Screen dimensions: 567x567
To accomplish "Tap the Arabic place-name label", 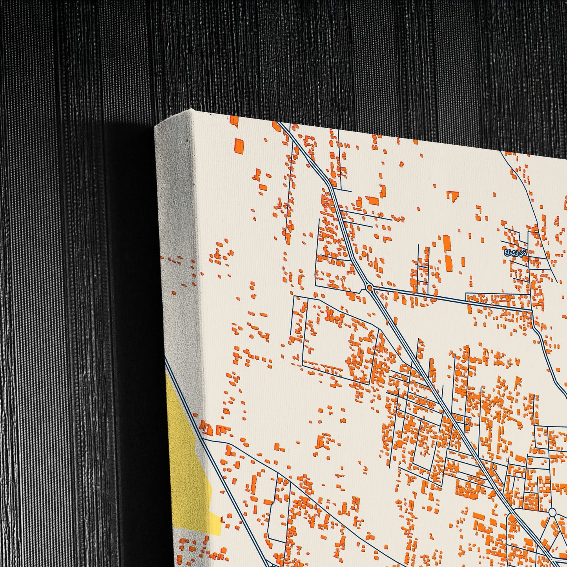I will [x=515, y=253].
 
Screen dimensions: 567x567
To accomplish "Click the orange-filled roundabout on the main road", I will [x=369, y=288].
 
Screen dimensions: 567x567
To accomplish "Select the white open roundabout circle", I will [x=552, y=512].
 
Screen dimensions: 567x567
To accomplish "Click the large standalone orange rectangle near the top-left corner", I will [x=239, y=146].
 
